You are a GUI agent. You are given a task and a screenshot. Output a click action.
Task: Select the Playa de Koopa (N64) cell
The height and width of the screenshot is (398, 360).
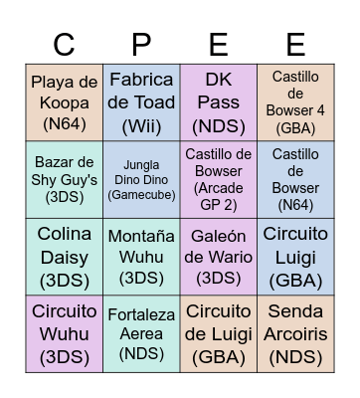[x=65, y=102]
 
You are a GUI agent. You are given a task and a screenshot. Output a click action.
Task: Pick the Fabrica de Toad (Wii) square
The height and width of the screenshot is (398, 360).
[x=141, y=102]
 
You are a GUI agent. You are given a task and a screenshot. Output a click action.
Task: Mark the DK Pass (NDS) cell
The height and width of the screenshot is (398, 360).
[x=218, y=102]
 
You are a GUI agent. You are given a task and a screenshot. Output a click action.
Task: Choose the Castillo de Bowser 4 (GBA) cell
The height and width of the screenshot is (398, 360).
[x=295, y=102]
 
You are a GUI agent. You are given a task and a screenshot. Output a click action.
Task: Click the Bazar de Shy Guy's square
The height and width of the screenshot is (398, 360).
[x=65, y=179]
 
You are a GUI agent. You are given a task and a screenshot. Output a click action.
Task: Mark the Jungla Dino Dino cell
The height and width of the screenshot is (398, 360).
[x=141, y=179]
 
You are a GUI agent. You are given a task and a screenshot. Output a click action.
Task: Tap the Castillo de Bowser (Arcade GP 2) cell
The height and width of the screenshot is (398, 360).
[x=218, y=179]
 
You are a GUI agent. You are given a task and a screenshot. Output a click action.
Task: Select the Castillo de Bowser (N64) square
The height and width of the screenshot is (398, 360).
[x=295, y=179]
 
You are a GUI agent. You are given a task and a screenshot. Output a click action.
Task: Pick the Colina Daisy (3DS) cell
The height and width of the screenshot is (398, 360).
[x=65, y=256]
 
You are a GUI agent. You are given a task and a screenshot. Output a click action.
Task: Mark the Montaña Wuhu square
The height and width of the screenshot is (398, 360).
[x=141, y=256]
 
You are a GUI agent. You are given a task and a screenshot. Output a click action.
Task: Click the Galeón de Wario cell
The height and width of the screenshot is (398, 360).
[x=218, y=256]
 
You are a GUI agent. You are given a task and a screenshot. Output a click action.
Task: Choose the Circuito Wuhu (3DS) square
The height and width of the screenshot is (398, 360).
[x=65, y=333]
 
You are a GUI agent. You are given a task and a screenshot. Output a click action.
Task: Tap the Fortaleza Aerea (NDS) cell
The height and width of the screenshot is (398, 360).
[x=141, y=333]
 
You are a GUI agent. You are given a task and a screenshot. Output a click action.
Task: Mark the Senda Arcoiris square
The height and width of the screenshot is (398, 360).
[x=295, y=333]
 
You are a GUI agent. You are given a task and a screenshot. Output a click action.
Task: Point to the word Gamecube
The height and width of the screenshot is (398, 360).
[x=141, y=194]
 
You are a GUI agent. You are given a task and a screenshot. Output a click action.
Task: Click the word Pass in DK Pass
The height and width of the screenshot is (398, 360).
[x=218, y=102]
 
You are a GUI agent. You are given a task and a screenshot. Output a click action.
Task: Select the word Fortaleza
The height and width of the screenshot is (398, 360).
[x=141, y=314]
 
